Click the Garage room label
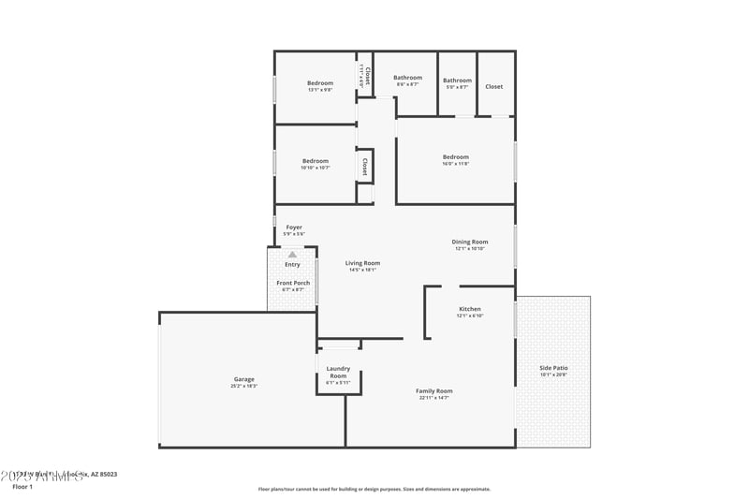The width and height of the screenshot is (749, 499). pos(243,379)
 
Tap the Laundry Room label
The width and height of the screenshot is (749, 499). pos(338,373)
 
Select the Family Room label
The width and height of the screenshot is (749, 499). pos(434,390)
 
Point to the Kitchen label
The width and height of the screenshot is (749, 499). pos(469,309)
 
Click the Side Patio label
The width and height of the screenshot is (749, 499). pos(553,368)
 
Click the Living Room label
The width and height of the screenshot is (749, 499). pos(362,263)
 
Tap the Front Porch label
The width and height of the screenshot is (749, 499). pos(293,283)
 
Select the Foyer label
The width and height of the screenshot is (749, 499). pos(294,227)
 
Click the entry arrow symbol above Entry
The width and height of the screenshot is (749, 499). pos(292,254)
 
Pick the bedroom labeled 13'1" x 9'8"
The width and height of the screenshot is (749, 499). pos(320,83)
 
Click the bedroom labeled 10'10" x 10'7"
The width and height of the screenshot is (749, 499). pos(316,161)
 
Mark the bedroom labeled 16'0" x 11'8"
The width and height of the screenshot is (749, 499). pos(456,156)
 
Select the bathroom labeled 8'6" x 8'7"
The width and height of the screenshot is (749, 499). pos(407,78)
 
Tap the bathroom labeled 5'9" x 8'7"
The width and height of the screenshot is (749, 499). pos(457,81)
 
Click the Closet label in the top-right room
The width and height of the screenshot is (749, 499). pos(493,86)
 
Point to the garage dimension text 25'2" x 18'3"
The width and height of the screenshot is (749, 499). pos(243,386)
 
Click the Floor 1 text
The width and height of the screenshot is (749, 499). pos(22,487)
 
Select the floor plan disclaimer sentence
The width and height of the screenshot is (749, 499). pos(374,489)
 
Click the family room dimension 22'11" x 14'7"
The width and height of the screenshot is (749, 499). pos(434,398)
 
